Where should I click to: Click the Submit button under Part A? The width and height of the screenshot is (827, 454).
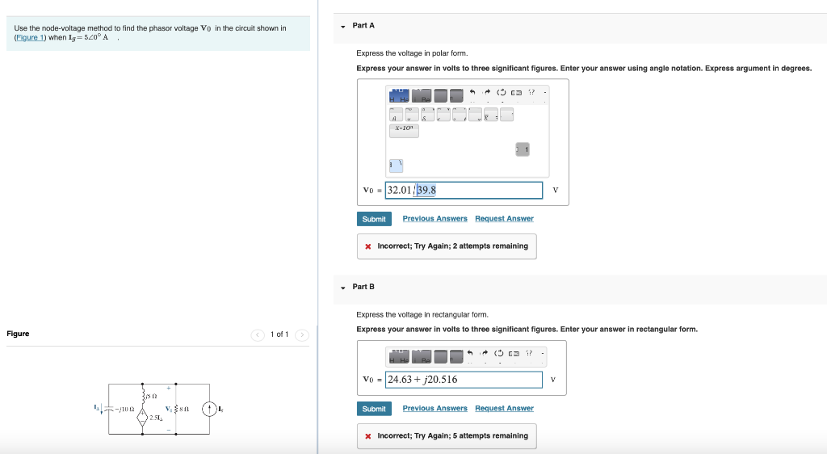tap(374, 219)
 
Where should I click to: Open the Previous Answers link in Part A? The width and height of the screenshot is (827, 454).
tap(434, 219)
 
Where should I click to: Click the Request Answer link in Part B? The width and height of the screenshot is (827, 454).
tap(504, 409)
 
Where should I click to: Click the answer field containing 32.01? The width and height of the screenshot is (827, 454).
tap(464, 191)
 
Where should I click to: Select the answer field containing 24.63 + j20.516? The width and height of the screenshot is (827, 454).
tap(464, 380)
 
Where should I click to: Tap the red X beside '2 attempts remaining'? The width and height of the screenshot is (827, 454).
tap(368, 246)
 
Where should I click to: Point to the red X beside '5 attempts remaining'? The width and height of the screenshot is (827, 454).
tap(368, 436)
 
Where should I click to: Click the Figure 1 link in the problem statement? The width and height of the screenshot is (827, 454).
tap(31, 37)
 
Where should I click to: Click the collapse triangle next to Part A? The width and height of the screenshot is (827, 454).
tap(343, 26)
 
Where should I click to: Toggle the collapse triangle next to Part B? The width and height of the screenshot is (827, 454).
tap(343, 287)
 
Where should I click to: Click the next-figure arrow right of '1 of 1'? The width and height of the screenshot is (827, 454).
tap(301, 334)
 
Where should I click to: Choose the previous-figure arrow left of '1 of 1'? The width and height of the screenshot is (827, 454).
tap(258, 334)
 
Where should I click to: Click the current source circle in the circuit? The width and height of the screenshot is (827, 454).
tap(209, 410)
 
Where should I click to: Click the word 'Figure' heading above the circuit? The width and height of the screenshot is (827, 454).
tap(18, 334)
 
